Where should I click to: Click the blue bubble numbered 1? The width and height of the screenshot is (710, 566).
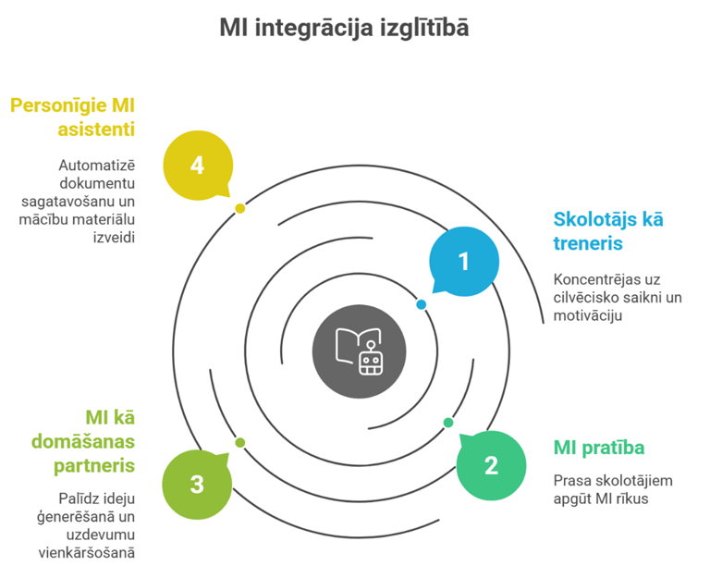tap(463, 262)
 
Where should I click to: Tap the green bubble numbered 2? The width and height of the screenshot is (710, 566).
tap(491, 464)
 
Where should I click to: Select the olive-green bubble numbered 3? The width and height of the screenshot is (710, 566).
tap(196, 484)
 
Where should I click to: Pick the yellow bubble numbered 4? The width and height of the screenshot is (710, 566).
tap(196, 166)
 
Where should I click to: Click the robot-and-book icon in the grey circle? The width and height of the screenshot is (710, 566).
tap(358, 350)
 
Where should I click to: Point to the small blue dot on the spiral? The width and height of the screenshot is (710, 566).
tap(422, 304)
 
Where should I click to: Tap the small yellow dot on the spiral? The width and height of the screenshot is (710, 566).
tap(240, 208)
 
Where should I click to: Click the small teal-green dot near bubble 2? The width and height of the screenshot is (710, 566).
tap(448, 423)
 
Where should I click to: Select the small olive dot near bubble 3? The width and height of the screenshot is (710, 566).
tap(240, 443)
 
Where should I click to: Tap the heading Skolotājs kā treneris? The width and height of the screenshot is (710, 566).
tap(607, 231)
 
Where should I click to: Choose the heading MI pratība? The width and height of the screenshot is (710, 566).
tap(598, 449)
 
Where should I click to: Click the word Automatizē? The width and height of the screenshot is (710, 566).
tap(97, 166)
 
